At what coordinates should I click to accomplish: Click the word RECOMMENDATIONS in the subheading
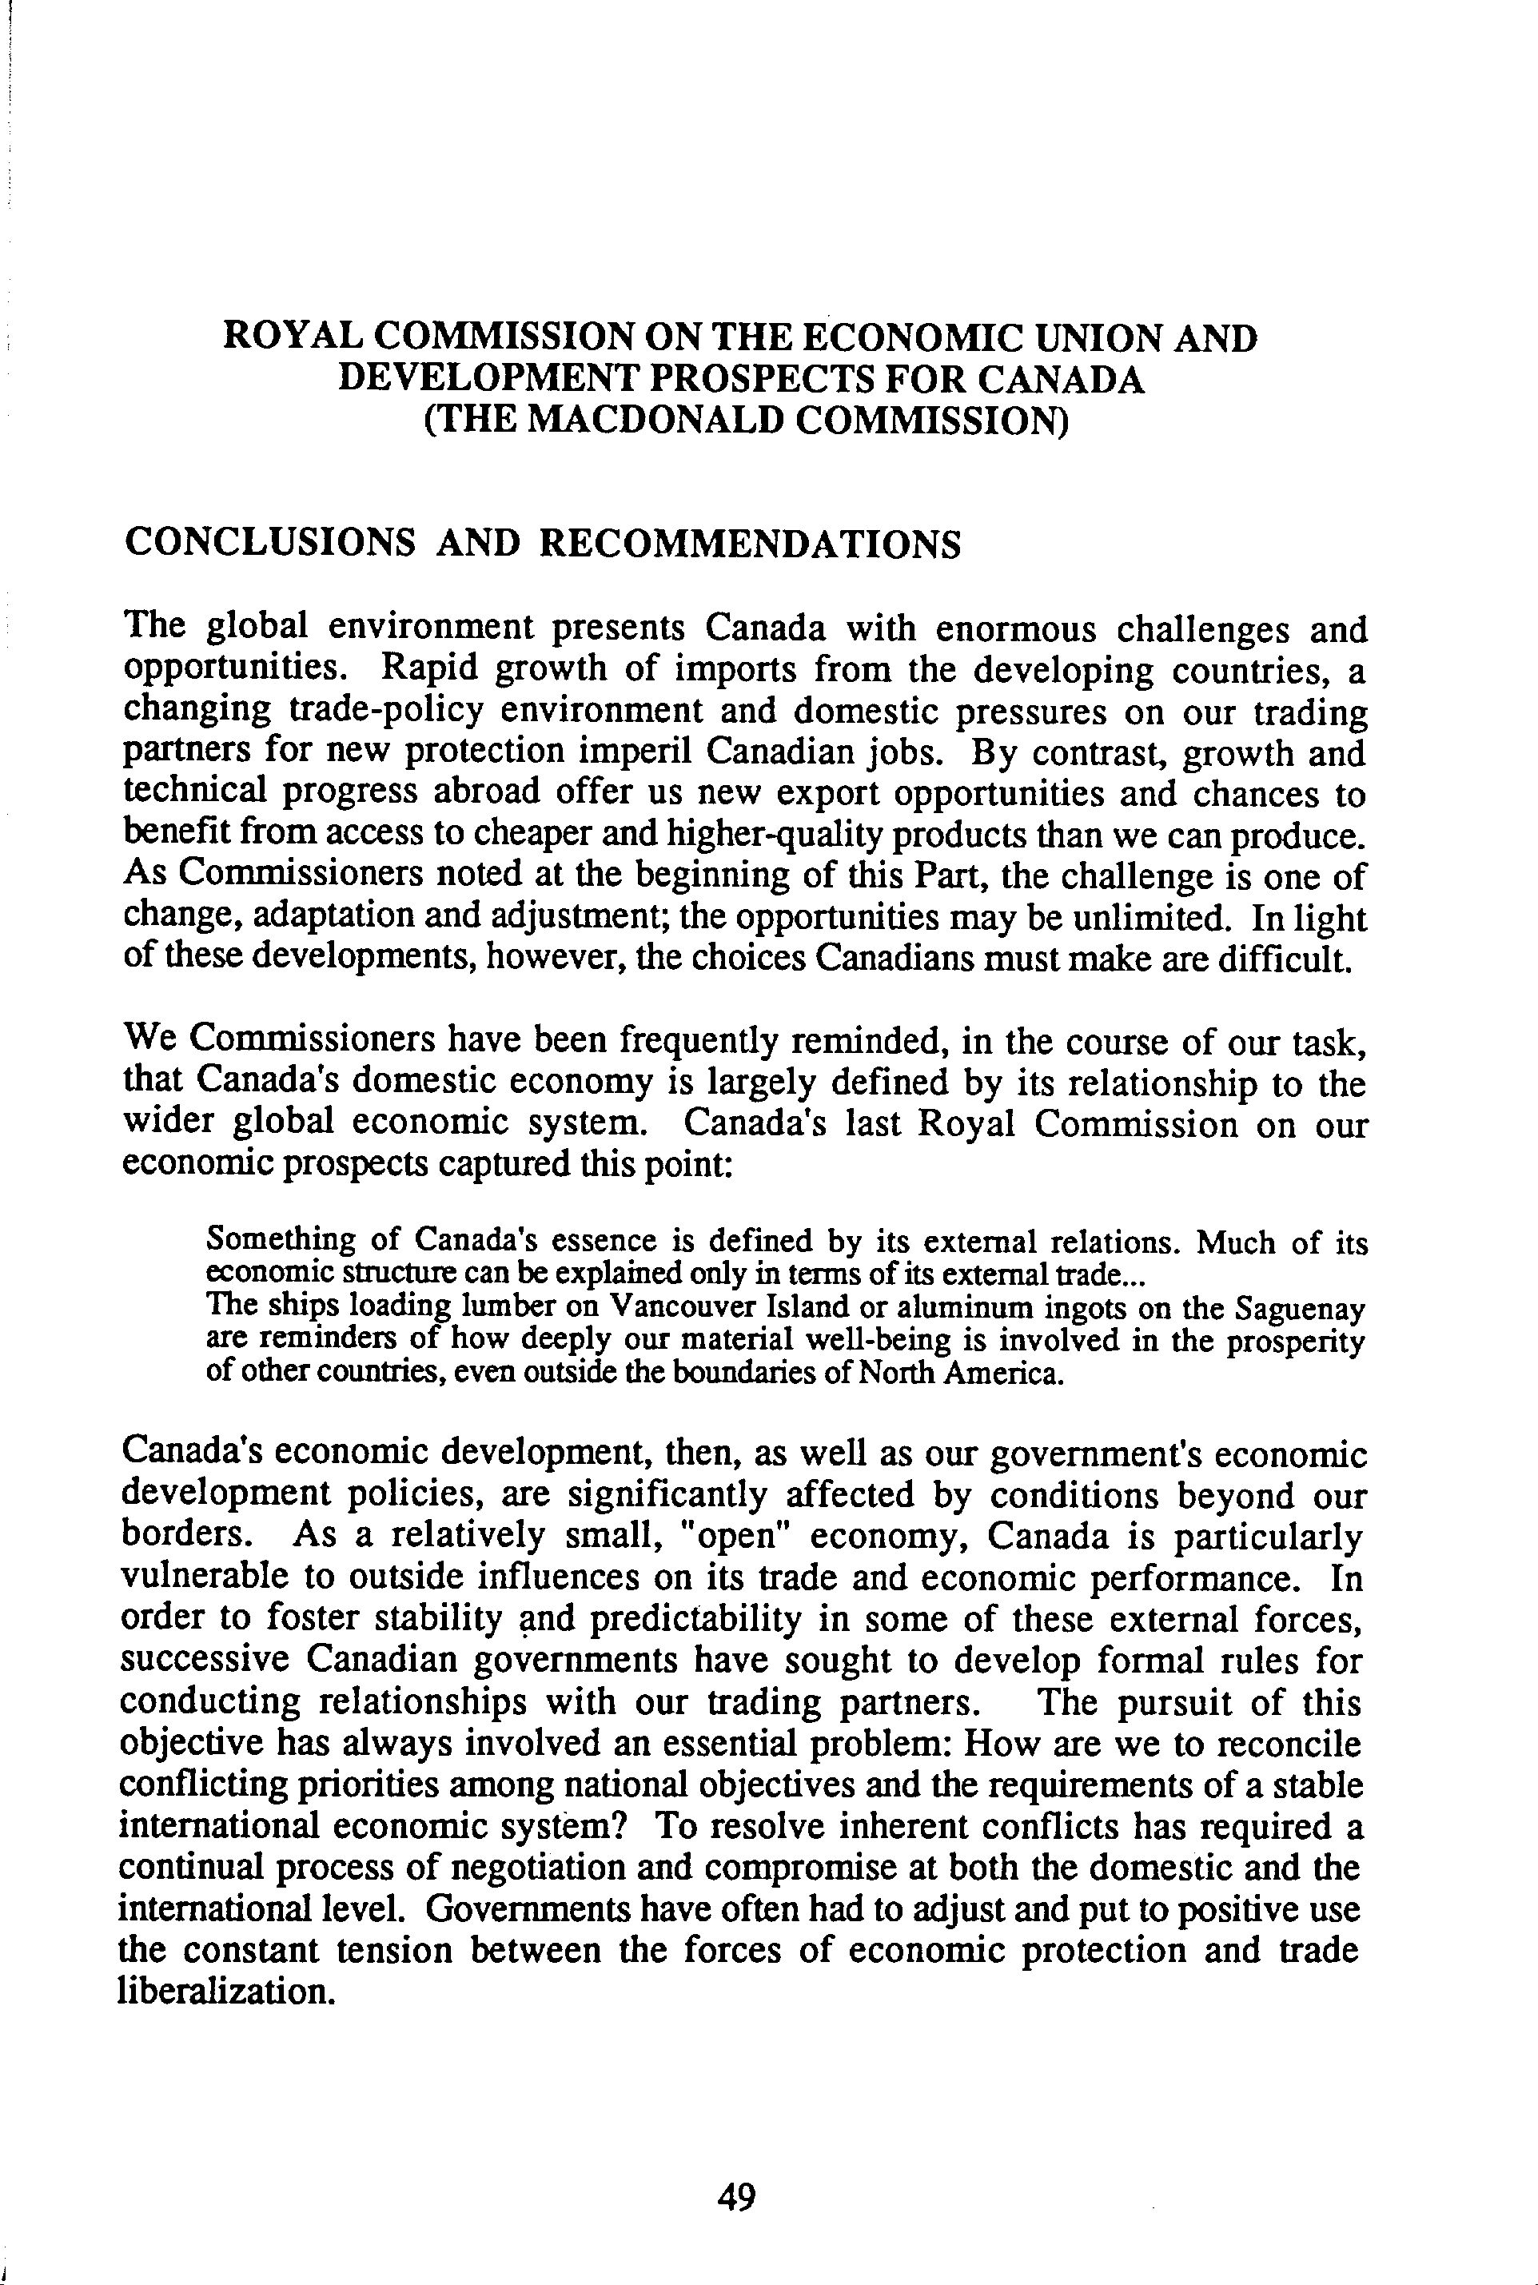pyautogui.click(x=751, y=544)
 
